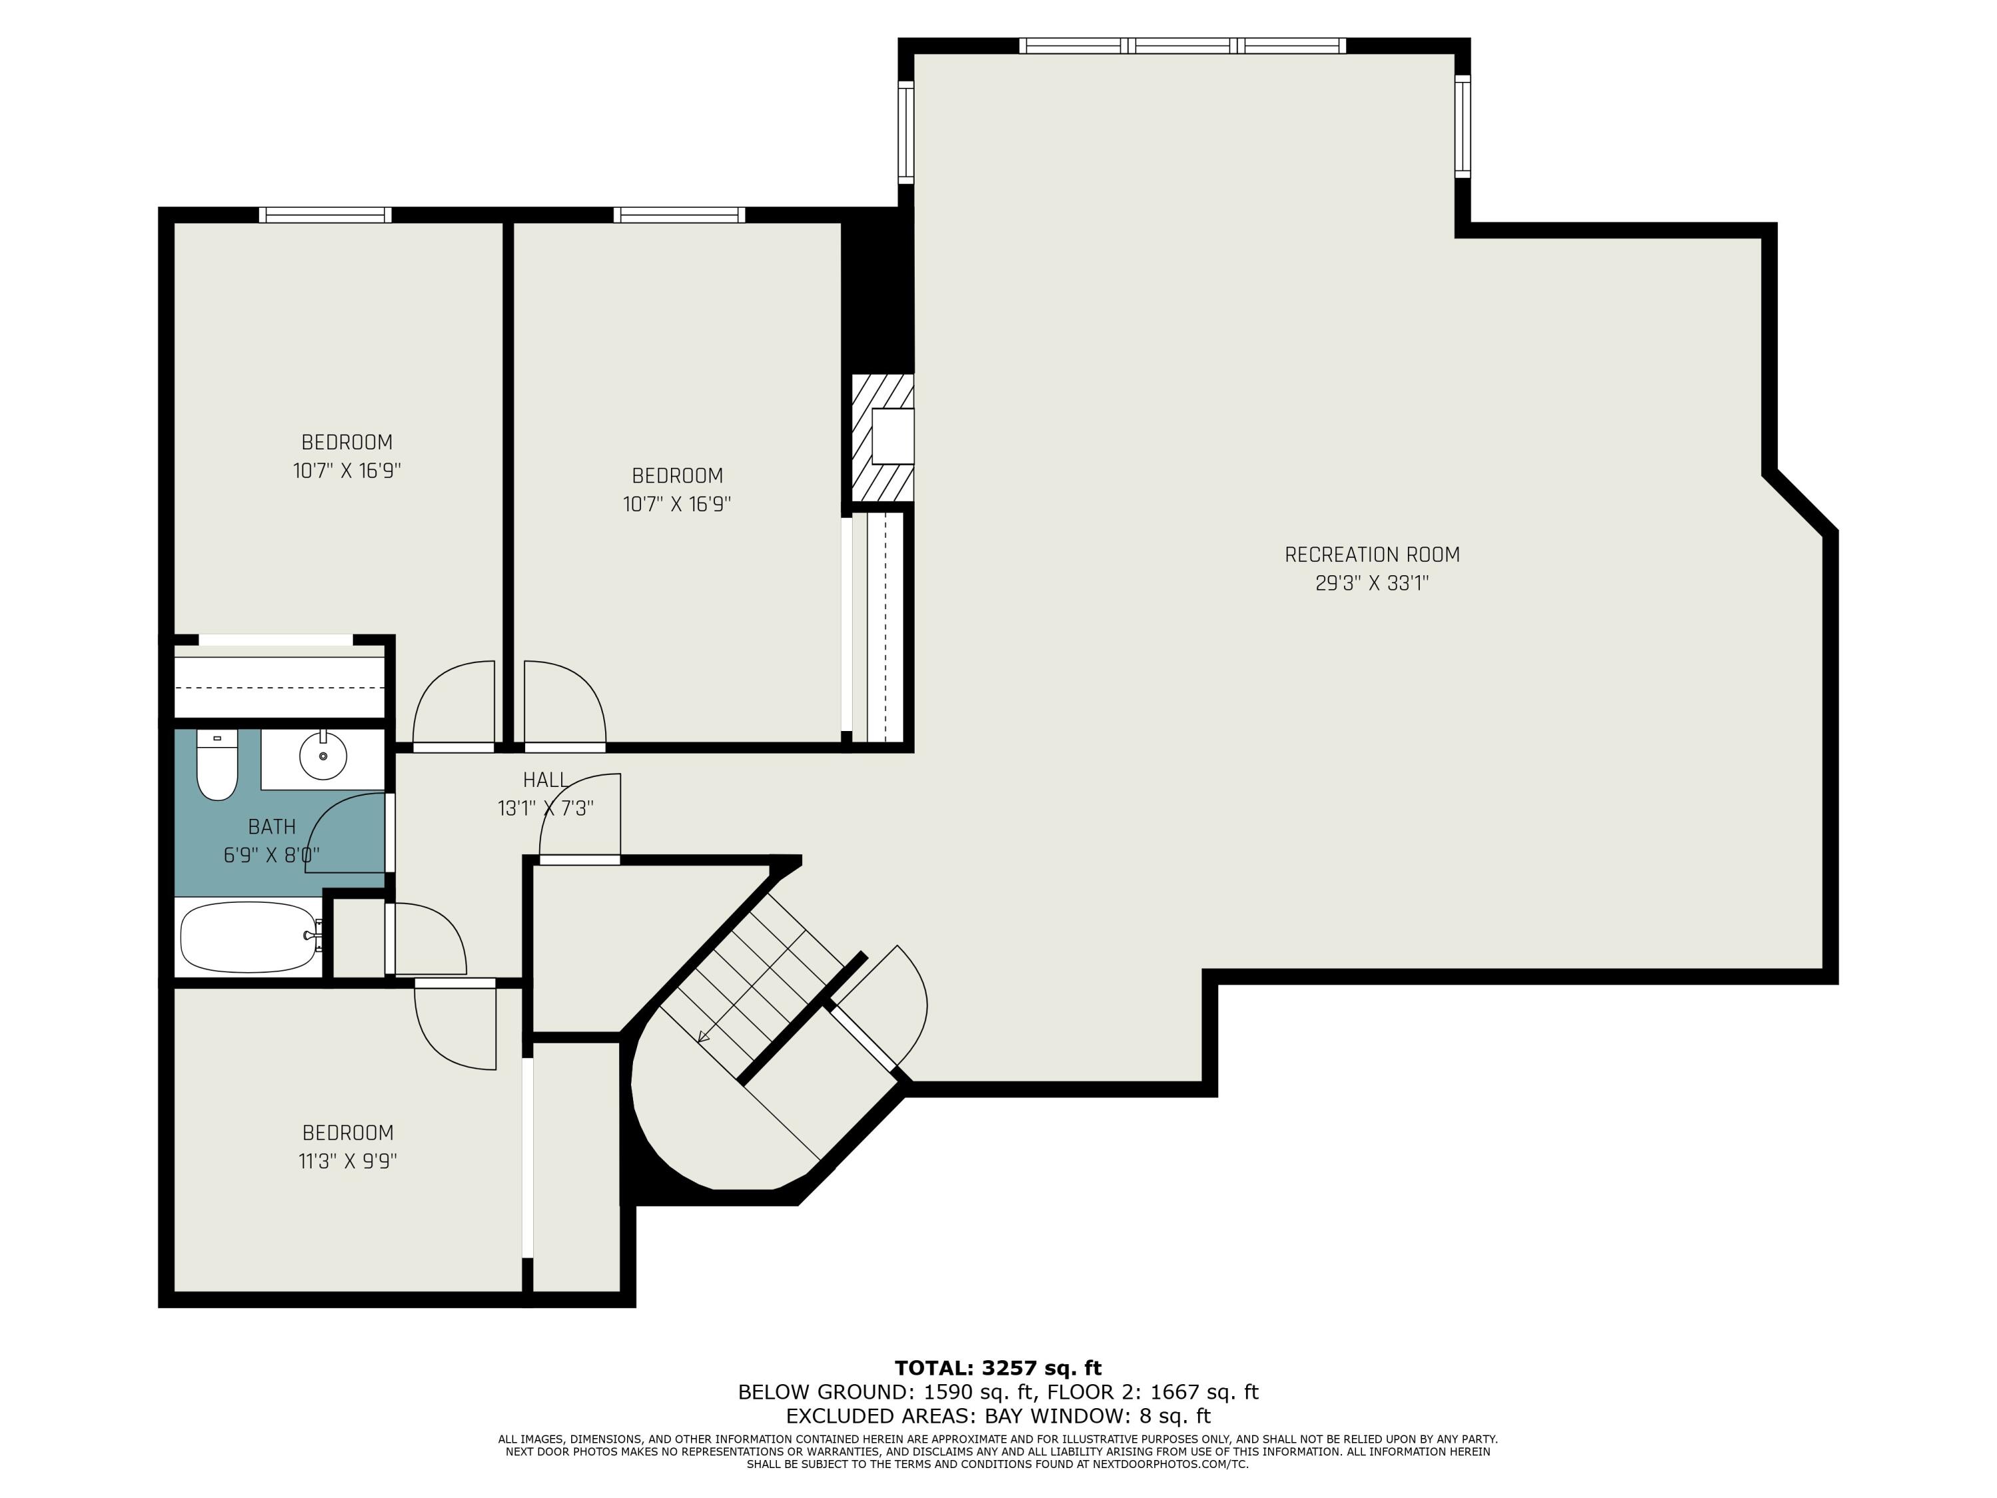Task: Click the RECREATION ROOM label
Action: pyautogui.click(x=1371, y=555)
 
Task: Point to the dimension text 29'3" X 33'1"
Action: pyautogui.click(x=1371, y=583)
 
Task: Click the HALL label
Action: pyautogui.click(x=545, y=779)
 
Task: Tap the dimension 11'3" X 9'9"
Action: pyautogui.click(x=347, y=1161)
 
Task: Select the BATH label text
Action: pyautogui.click(x=271, y=826)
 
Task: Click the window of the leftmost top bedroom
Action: pyautogui.click(x=325, y=215)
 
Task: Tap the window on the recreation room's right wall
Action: pyautogui.click(x=1462, y=125)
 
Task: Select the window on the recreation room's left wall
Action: pyautogui.click(x=905, y=132)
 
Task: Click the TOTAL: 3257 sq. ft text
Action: pyautogui.click(x=998, y=1368)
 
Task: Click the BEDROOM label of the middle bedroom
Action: pyautogui.click(x=676, y=475)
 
